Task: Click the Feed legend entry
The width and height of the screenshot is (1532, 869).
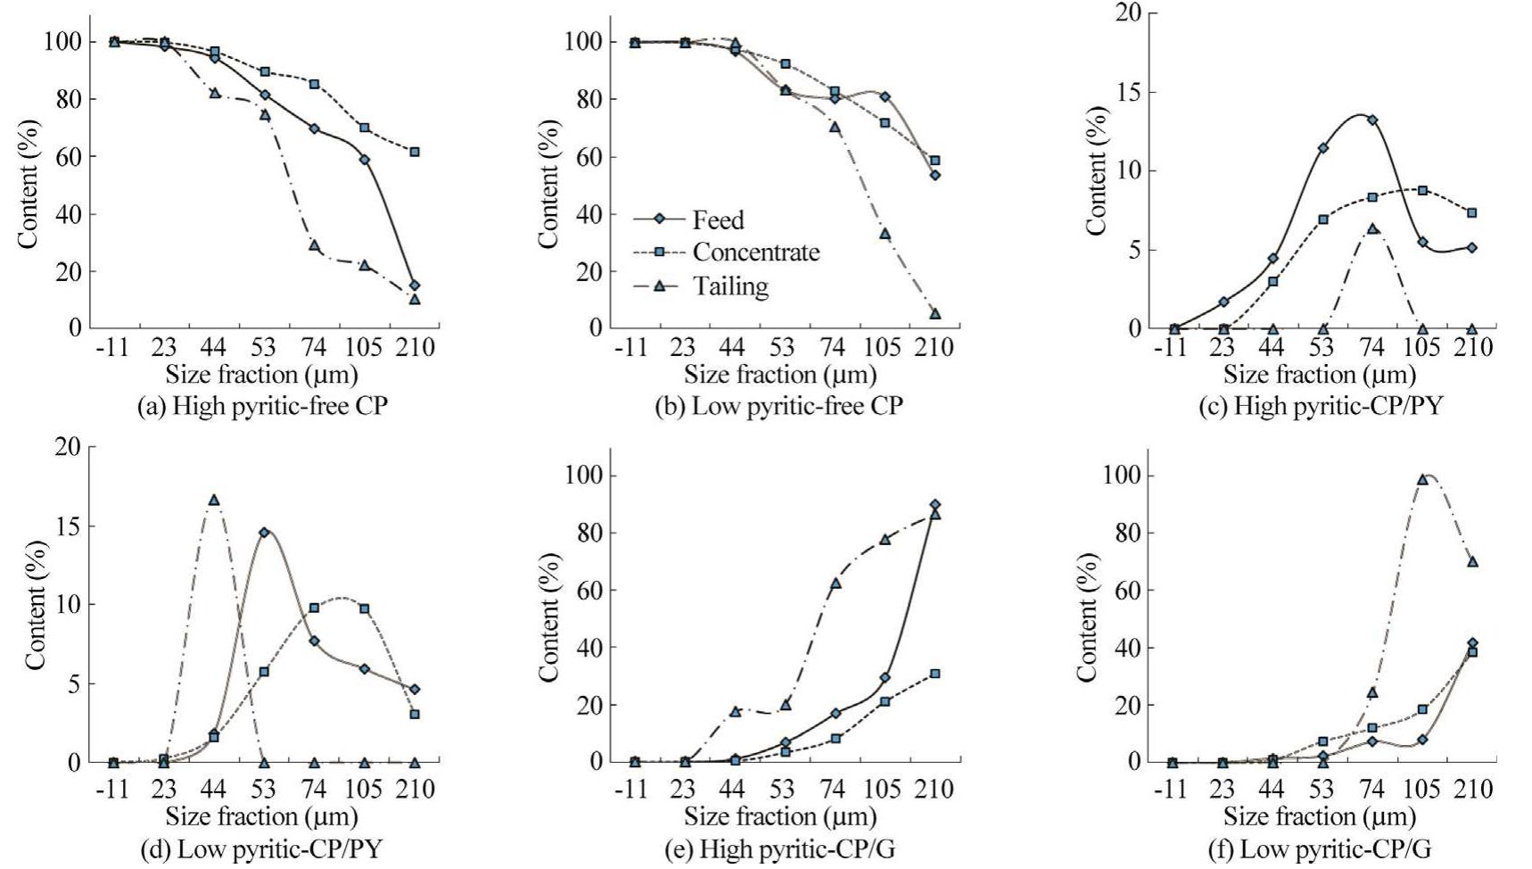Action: [x=717, y=219]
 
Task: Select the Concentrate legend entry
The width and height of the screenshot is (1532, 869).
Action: [x=755, y=252]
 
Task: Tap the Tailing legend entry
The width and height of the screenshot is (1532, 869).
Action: [x=730, y=286]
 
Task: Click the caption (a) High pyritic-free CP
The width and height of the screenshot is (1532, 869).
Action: [x=263, y=406]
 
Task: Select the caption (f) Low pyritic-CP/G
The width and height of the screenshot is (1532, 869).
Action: [x=1318, y=848]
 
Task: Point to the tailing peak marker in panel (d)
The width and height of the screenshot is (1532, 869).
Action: [x=214, y=501]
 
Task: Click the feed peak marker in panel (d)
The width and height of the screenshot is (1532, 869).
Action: [x=264, y=533]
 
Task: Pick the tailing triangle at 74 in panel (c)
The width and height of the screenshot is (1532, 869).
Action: [x=1372, y=228]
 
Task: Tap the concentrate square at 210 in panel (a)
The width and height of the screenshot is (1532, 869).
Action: [x=415, y=152]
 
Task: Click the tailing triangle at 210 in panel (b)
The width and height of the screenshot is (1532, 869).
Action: [x=935, y=313]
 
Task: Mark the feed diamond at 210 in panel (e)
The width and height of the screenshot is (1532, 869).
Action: [x=935, y=504]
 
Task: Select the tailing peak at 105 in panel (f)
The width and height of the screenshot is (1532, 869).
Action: [x=1422, y=479]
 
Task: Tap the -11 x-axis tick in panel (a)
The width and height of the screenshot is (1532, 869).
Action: [x=112, y=347]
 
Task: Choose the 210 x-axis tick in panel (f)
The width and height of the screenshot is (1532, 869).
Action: [x=1473, y=790]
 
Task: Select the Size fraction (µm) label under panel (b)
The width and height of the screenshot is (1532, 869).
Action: [x=780, y=375]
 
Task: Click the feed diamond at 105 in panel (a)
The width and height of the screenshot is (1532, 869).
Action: [x=364, y=160]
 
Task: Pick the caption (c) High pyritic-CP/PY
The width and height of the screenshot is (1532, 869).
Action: [x=1320, y=406]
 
